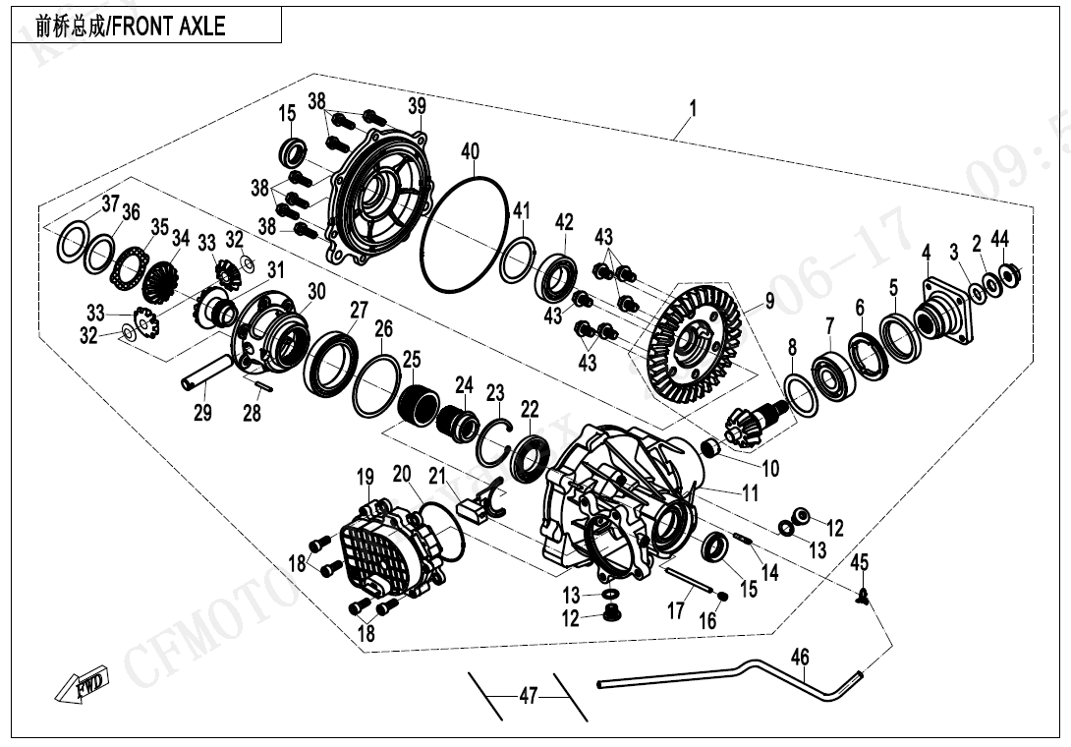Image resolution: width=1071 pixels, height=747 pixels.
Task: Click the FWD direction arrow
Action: pyautogui.click(x=82, y=686)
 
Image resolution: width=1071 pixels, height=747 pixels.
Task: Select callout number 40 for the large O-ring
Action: pyautogui.click(x=471, y=151)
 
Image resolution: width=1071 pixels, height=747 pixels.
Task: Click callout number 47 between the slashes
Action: pyautogui.click(x=529, y=697)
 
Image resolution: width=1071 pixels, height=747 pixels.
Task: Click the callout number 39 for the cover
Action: pyautogui.click(x=417, y=106)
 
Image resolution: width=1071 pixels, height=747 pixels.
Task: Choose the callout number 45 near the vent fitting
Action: pyautogui.click(x=860, y=562)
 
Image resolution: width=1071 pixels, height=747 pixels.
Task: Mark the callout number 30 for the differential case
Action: pyautogui.click(x=315, y=291)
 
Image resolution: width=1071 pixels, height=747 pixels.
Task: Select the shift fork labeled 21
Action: pyautogui.click(x=482, y=507)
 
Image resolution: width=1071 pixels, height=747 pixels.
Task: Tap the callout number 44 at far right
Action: pyautogui.click(x=999, y=239)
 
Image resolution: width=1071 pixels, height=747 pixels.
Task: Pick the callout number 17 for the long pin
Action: pyautogui.click(x=675, y=611)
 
